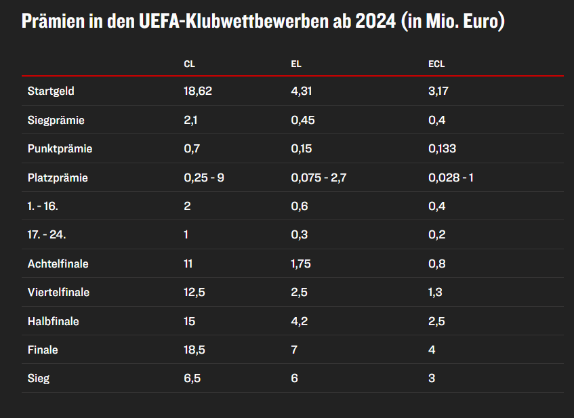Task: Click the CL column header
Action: tap(190, 64)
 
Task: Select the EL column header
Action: tap(296, 64)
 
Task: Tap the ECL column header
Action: tap(436, 64)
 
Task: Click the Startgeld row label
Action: tap(51, 91)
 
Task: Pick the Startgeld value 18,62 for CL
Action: tap(198, 91)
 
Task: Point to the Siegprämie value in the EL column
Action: tap(303, 120)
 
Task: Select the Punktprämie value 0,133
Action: tap(443, 149)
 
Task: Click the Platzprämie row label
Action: tap(58, 178)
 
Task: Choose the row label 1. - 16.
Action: tap(43, 207)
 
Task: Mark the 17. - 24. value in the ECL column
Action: tap(436, 235)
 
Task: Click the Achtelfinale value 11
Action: tap(188, 264)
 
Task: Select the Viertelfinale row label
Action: tap(58, 293)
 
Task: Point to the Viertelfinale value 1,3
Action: tap(436, 293)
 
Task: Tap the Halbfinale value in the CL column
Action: tap(189, 321)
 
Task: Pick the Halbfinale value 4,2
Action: tap(300, 321)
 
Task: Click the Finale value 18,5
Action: tap(193, 350)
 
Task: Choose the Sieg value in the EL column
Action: tap(295, 379)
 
